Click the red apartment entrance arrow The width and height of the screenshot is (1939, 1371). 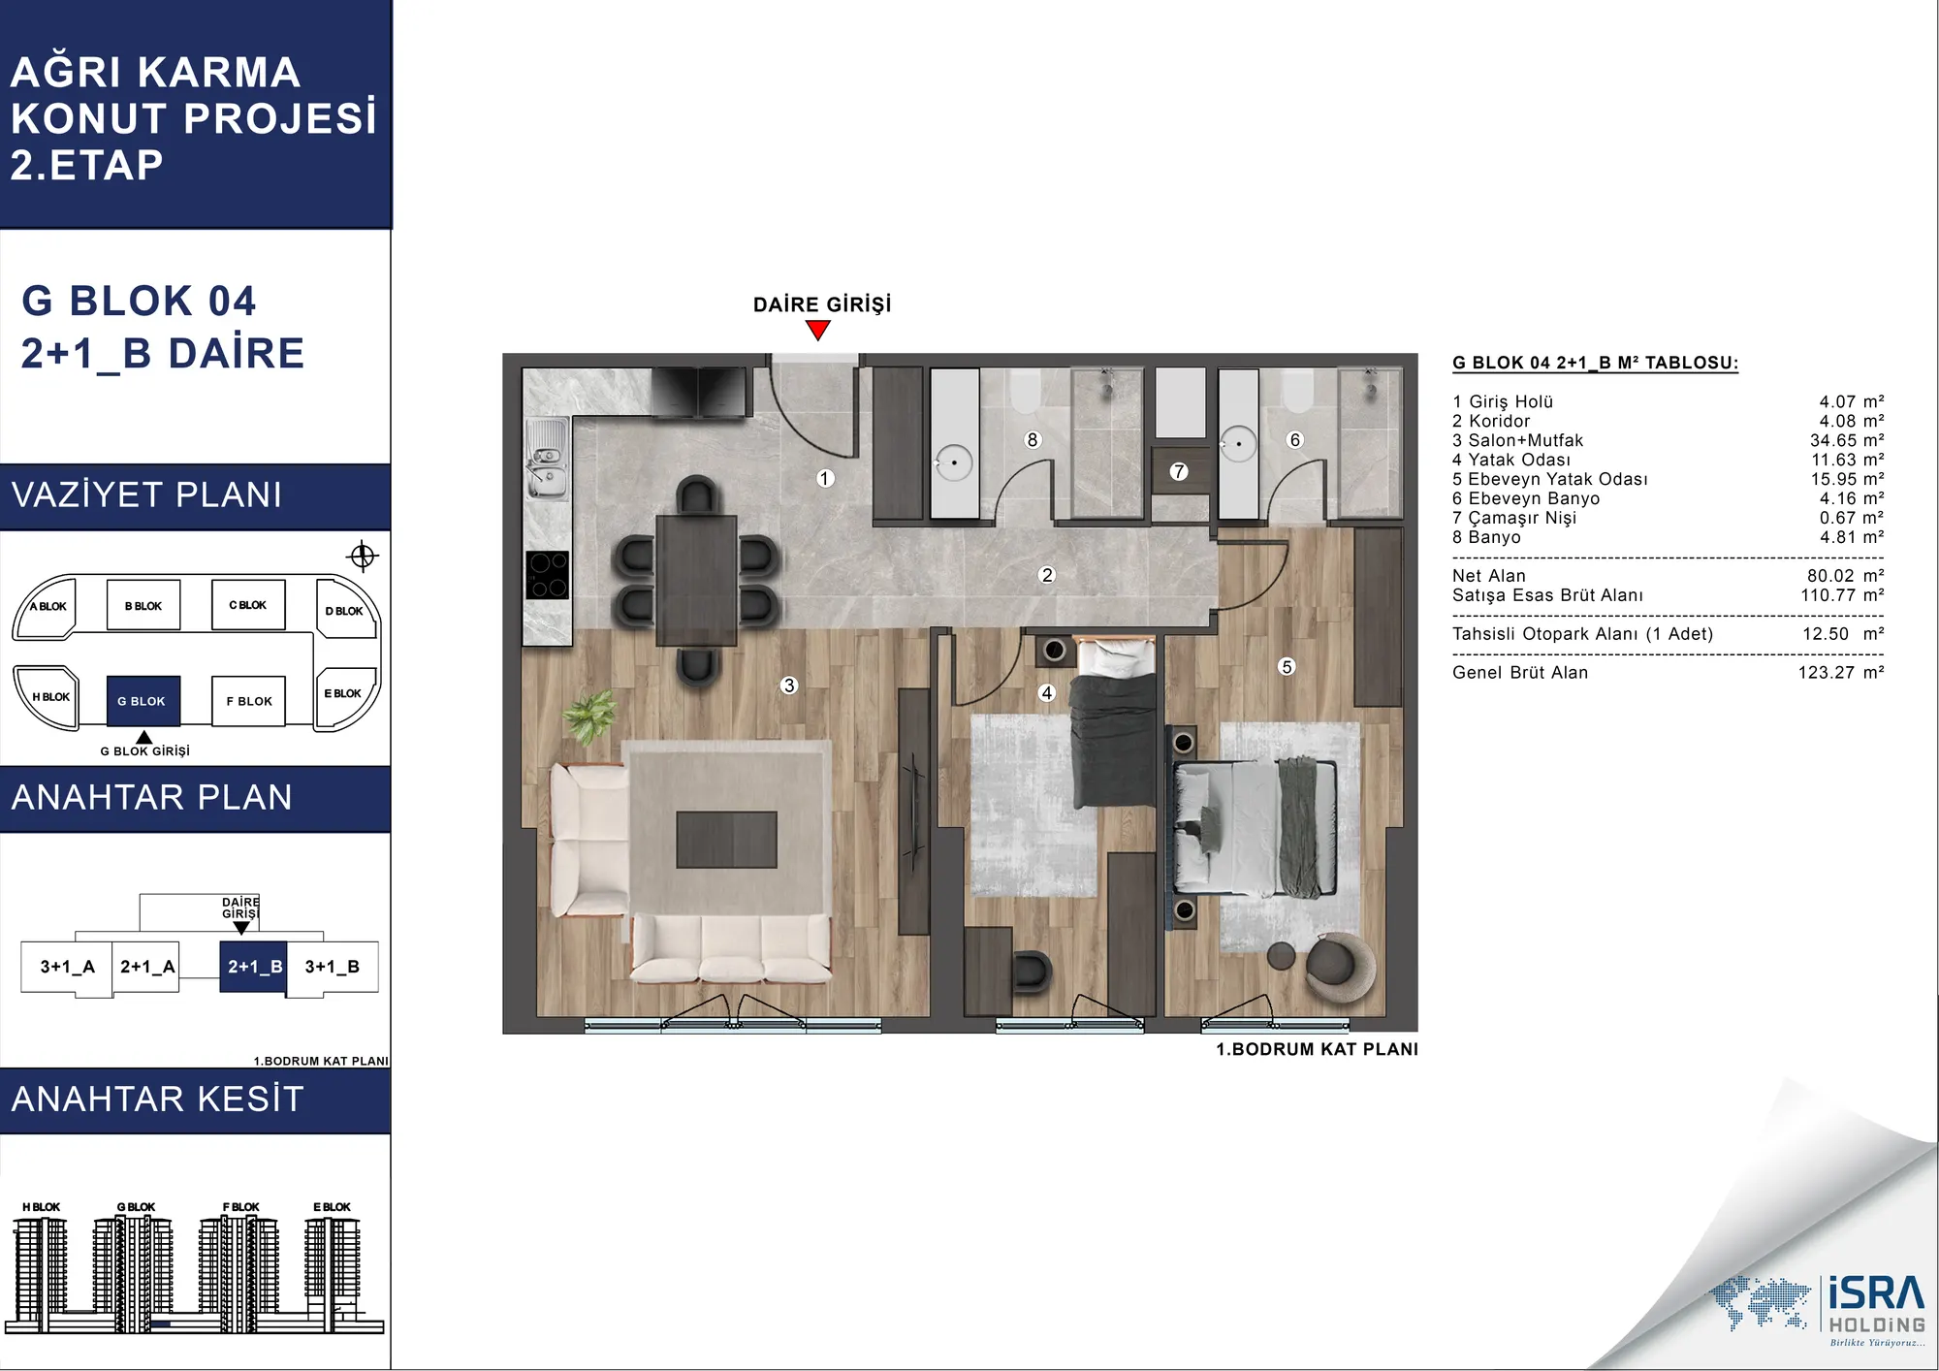pos(818,331)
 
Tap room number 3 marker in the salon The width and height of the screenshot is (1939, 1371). pos(789,685)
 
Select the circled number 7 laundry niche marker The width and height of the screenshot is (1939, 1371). pos(1179,471)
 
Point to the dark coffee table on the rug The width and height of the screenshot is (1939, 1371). pos(727,840)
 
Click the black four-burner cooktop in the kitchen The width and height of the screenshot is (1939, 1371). pos(548,575)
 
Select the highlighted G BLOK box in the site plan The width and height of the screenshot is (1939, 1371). pos(143,701)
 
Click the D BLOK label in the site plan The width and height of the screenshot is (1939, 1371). pos(344,611)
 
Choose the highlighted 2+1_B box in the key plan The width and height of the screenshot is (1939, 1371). pos(254,967)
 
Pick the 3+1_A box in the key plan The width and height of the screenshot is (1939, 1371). pos(67,967)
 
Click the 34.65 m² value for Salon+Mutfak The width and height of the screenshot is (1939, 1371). pos(1847,440)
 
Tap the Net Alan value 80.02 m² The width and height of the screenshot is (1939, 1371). pos(1845,576)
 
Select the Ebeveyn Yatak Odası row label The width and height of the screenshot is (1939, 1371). pos(1550,479)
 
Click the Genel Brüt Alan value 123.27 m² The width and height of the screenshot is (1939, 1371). pos(1841,673)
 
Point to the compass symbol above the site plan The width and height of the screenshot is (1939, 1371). pos(363,557)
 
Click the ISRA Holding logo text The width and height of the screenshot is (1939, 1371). pos(1877,1305)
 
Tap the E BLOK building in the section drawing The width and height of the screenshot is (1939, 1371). pos(332,1265)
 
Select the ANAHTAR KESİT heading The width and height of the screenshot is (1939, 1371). pos(158,1100)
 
